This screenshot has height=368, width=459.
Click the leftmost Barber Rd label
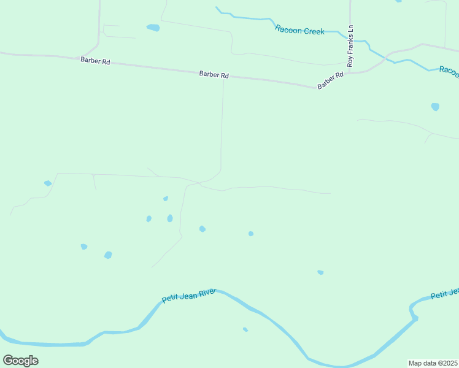(94, 61)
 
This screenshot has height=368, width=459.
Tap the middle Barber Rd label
(214, 75)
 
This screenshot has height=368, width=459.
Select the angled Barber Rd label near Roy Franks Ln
(330, 81)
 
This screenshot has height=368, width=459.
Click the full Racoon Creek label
(299, 30)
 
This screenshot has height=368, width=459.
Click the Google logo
(20, 360)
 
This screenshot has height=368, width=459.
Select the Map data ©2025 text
(433, 363)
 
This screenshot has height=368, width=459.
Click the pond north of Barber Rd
(153, 28)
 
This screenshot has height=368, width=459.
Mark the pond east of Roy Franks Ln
(435, 107)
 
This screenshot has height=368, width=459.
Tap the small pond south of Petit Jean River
(245, 329)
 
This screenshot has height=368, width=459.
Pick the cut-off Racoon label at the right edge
(449, 72)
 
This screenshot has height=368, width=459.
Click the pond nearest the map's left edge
(48, 183)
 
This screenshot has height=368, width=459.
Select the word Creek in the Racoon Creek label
(313, 31)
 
